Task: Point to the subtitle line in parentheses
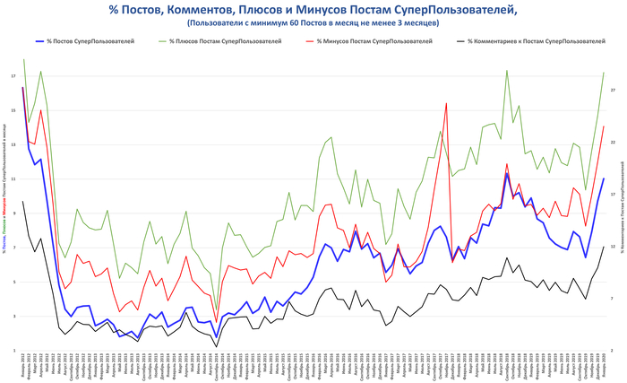(313, 22)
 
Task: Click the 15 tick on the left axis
(13, 110)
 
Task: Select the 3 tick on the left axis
(13, 317)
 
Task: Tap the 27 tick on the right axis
(612, 91)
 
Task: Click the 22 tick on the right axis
(612, 143)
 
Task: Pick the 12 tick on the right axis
(612, 247)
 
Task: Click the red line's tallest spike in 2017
(446, 103)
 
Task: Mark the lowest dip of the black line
(216, 346)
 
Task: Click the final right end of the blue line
(604, 178)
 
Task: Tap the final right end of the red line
(604, 126)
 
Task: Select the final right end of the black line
(604, 246)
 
